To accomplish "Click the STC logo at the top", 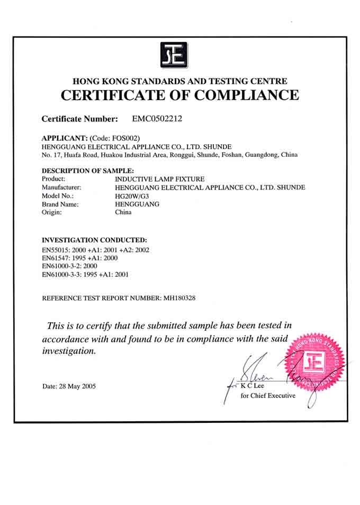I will pyautogui.click(x=175, y=55).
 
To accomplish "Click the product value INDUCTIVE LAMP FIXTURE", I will pyautogui.click(x=159, y=179).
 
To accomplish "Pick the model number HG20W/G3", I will pyautogui.click(x=132, y=196).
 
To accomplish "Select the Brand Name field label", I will pyautogui.click(x=60, y=204).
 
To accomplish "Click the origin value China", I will pyautogui.click(x=123, y=212).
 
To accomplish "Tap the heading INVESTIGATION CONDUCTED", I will pyautogui.click(x=94, y=240).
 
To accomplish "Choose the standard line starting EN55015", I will pyautogui.click(x=96, y=250).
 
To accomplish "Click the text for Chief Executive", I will pyautogui.click(x=268, y=396).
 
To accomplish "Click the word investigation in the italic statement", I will pyautogui.click(x=69, y=351).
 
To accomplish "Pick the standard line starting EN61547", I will pyautogui.click(x=79, y=258).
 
